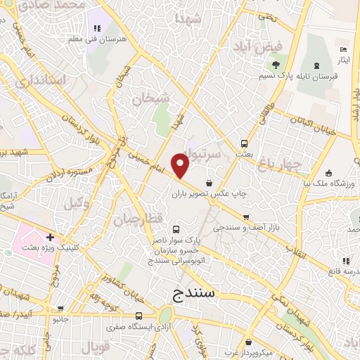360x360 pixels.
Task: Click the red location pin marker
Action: pyautogui.click(x=181, y=166)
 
